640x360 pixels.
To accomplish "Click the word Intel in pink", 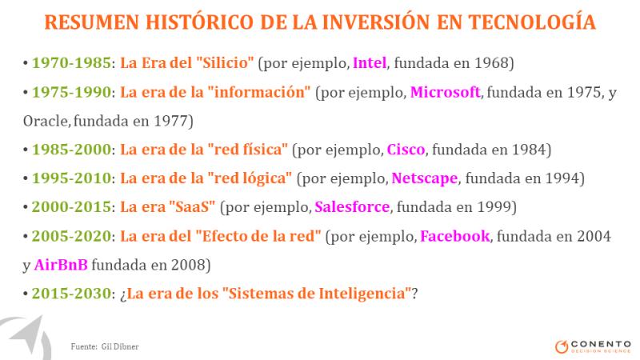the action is click(x=370, y=63).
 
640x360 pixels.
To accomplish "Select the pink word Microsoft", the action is click(x=445, y=92).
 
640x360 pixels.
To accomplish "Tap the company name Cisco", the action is click(x=406, y=150).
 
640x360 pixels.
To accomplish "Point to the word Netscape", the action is click(x=425, y=178).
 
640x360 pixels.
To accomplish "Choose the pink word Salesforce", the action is click(x=352, y=207).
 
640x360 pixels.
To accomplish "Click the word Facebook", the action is click(x=454, y=236).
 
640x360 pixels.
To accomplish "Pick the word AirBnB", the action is click(x=61, y=265).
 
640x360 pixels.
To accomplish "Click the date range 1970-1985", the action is click(x=71, y=63).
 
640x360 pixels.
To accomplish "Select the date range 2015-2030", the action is click(x=71, y=294).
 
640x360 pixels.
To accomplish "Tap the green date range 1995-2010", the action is click(x=71, y=178).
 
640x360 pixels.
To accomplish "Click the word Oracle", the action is click(x=46, y=121).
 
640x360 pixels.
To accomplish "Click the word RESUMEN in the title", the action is click(x=92, y=22).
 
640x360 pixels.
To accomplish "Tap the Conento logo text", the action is click(x=601, y=345).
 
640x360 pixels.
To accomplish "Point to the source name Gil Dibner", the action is click(x=120, y=346).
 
